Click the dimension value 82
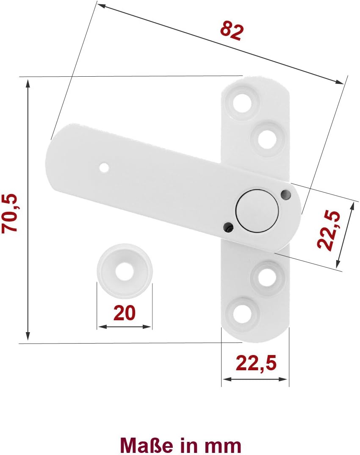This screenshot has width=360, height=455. (x=231, y=31)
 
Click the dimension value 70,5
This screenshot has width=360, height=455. (x=10, y=213)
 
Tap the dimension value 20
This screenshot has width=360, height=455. (x=124, y=313)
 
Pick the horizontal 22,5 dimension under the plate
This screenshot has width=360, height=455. (x=256, y=363)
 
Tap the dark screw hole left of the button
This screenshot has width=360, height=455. (x=228, y=226)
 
